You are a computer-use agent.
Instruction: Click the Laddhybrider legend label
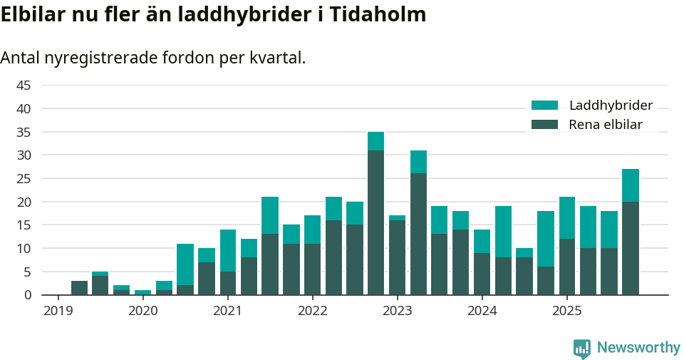(x=611, y=106)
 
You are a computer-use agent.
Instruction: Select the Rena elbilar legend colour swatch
(x=545, y=125)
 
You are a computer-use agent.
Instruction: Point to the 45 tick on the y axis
(x=24, y=86)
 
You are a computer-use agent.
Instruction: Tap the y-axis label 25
(x=24, y=179)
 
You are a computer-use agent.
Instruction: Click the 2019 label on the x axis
(x=58, y=311)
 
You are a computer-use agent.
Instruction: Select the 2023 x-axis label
(x=397, y=311)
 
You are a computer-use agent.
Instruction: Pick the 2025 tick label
(x=566, y=311)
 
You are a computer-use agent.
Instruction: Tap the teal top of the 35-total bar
(x=375, y=141)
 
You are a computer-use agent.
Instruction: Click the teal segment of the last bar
(x=630, y=185)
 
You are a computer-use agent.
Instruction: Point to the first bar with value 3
(x=79, y=288)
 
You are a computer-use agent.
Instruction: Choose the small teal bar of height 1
(x=142, y=292)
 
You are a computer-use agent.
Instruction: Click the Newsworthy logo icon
(x=581, y=348)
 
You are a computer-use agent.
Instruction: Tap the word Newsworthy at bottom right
(x=638, y=348)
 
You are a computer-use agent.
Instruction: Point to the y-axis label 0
(x=28, y=295)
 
